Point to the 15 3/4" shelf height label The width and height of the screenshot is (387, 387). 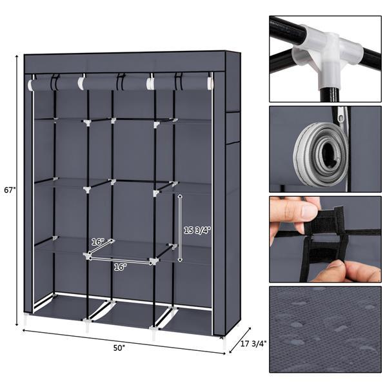pyautogui.click(x=196, y=229)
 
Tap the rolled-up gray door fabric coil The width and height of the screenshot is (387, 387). pyautogui.click(x=321, y=155)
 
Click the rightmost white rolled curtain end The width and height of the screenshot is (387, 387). pyautogui.click(x=209, y=83)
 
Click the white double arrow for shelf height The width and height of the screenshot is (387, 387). pyautogui.click(x=180, y=228)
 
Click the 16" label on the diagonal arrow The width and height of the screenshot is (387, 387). pyautogui.click(x=97, y=241)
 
